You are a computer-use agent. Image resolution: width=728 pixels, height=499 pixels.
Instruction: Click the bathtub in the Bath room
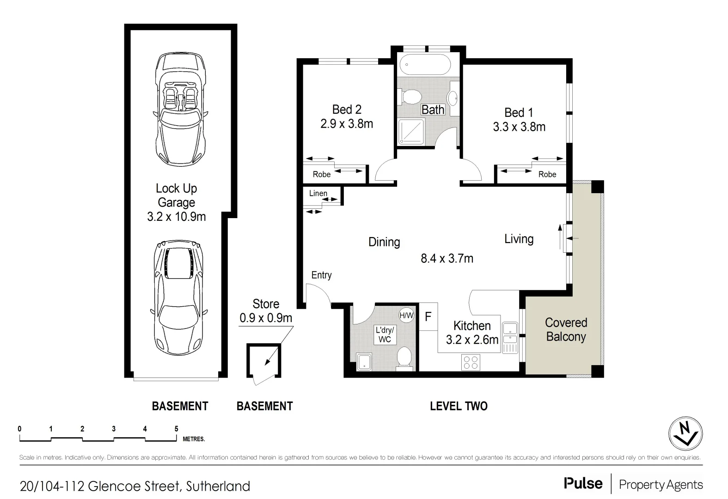tap(424, 65)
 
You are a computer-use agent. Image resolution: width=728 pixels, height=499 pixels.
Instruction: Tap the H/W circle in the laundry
tap(406, 316)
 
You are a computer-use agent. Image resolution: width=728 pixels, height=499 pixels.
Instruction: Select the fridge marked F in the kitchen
tap(428, 316)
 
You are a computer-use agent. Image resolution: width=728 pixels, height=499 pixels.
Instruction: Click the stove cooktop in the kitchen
tap(471, 362)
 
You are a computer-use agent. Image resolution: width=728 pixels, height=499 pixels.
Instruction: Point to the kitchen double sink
tap(510, 338)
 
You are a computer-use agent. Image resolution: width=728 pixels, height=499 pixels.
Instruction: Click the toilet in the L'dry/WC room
tap(405, 359)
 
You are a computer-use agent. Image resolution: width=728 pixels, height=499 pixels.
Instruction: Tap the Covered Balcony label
tap(566, 329)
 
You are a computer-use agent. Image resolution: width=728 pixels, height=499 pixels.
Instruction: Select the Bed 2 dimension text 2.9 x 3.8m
tap(347, 124)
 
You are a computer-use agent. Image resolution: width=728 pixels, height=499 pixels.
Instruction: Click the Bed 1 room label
tap(519, 112)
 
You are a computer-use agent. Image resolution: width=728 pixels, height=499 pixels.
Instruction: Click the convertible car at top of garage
tap(180, 109)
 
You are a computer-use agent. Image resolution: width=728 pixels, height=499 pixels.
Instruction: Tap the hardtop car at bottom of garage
tap(178, 297)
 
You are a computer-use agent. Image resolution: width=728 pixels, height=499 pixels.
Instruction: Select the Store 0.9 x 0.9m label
tap(266, 311)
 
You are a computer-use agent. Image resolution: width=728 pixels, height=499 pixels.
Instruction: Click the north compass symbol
tap(685, 434)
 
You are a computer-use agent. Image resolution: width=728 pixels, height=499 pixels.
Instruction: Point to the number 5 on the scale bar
tap(176, 429)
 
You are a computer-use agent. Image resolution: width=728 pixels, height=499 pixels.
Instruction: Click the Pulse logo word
tap(583, 484)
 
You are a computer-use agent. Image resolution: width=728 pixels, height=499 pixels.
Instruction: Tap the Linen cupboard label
tap(318, 193)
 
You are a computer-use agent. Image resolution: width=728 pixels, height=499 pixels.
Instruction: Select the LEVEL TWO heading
tap(459, 406)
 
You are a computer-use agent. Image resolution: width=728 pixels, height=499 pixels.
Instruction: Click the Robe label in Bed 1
tap(547, 174)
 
